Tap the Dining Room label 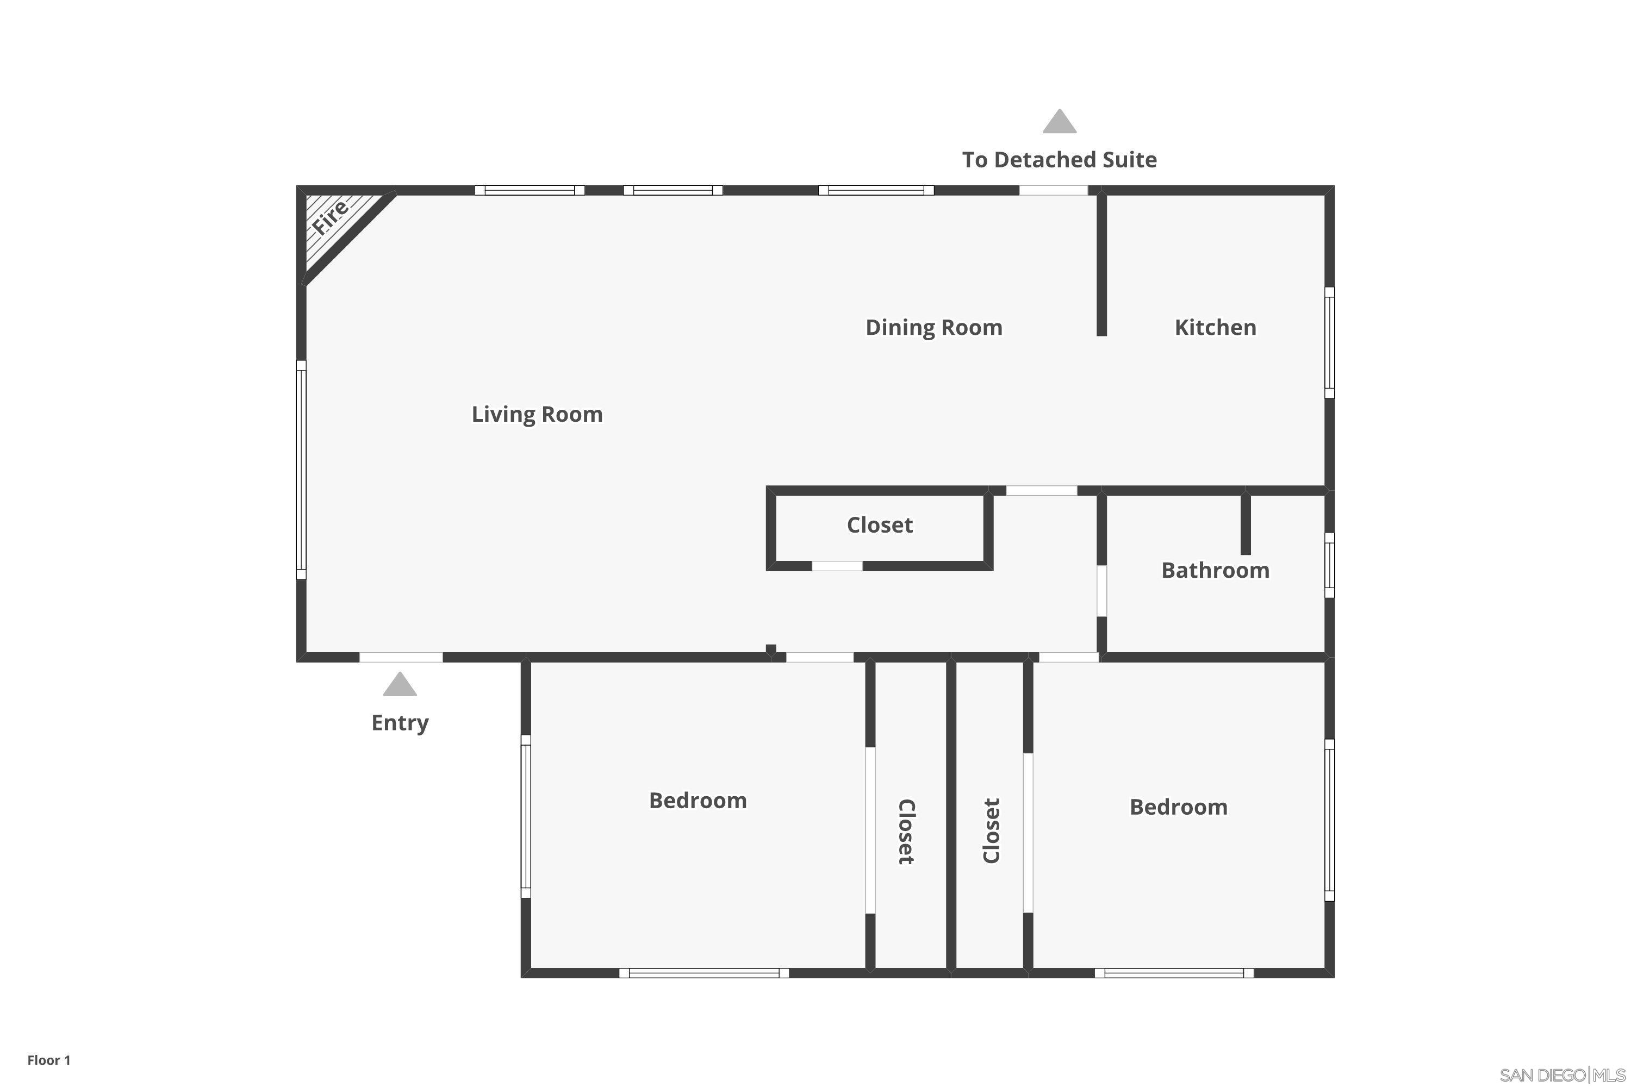click(x=933, y=327)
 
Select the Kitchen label click(x=1215, y=327)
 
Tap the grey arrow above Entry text click(x=400, y=684)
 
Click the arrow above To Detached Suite click(x=1059, y=121)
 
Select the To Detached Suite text click(x=1059, y=160)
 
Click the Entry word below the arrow click(x=400, y=722)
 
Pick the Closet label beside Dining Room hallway click(x=879, y=525)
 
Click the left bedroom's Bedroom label click(x=698, y=800)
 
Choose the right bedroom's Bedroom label click(x=1178, y=807)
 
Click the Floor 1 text click(x=48, y=1060)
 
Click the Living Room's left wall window click(x=301, y=470)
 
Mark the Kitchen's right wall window click(x=1329, y=342)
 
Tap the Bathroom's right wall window click(x=1329, y=565)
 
